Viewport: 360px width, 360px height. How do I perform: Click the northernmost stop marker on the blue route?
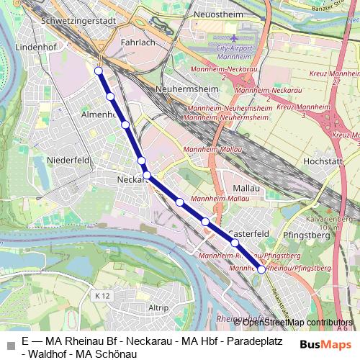[x=99, y=71]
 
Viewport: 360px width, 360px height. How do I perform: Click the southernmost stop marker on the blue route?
[x=261, y=269]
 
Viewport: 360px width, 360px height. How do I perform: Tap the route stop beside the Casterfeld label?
[x=235, y=243]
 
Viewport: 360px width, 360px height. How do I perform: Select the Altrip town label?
[x=158, y=307]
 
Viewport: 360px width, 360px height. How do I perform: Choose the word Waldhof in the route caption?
[x=50, y=353]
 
